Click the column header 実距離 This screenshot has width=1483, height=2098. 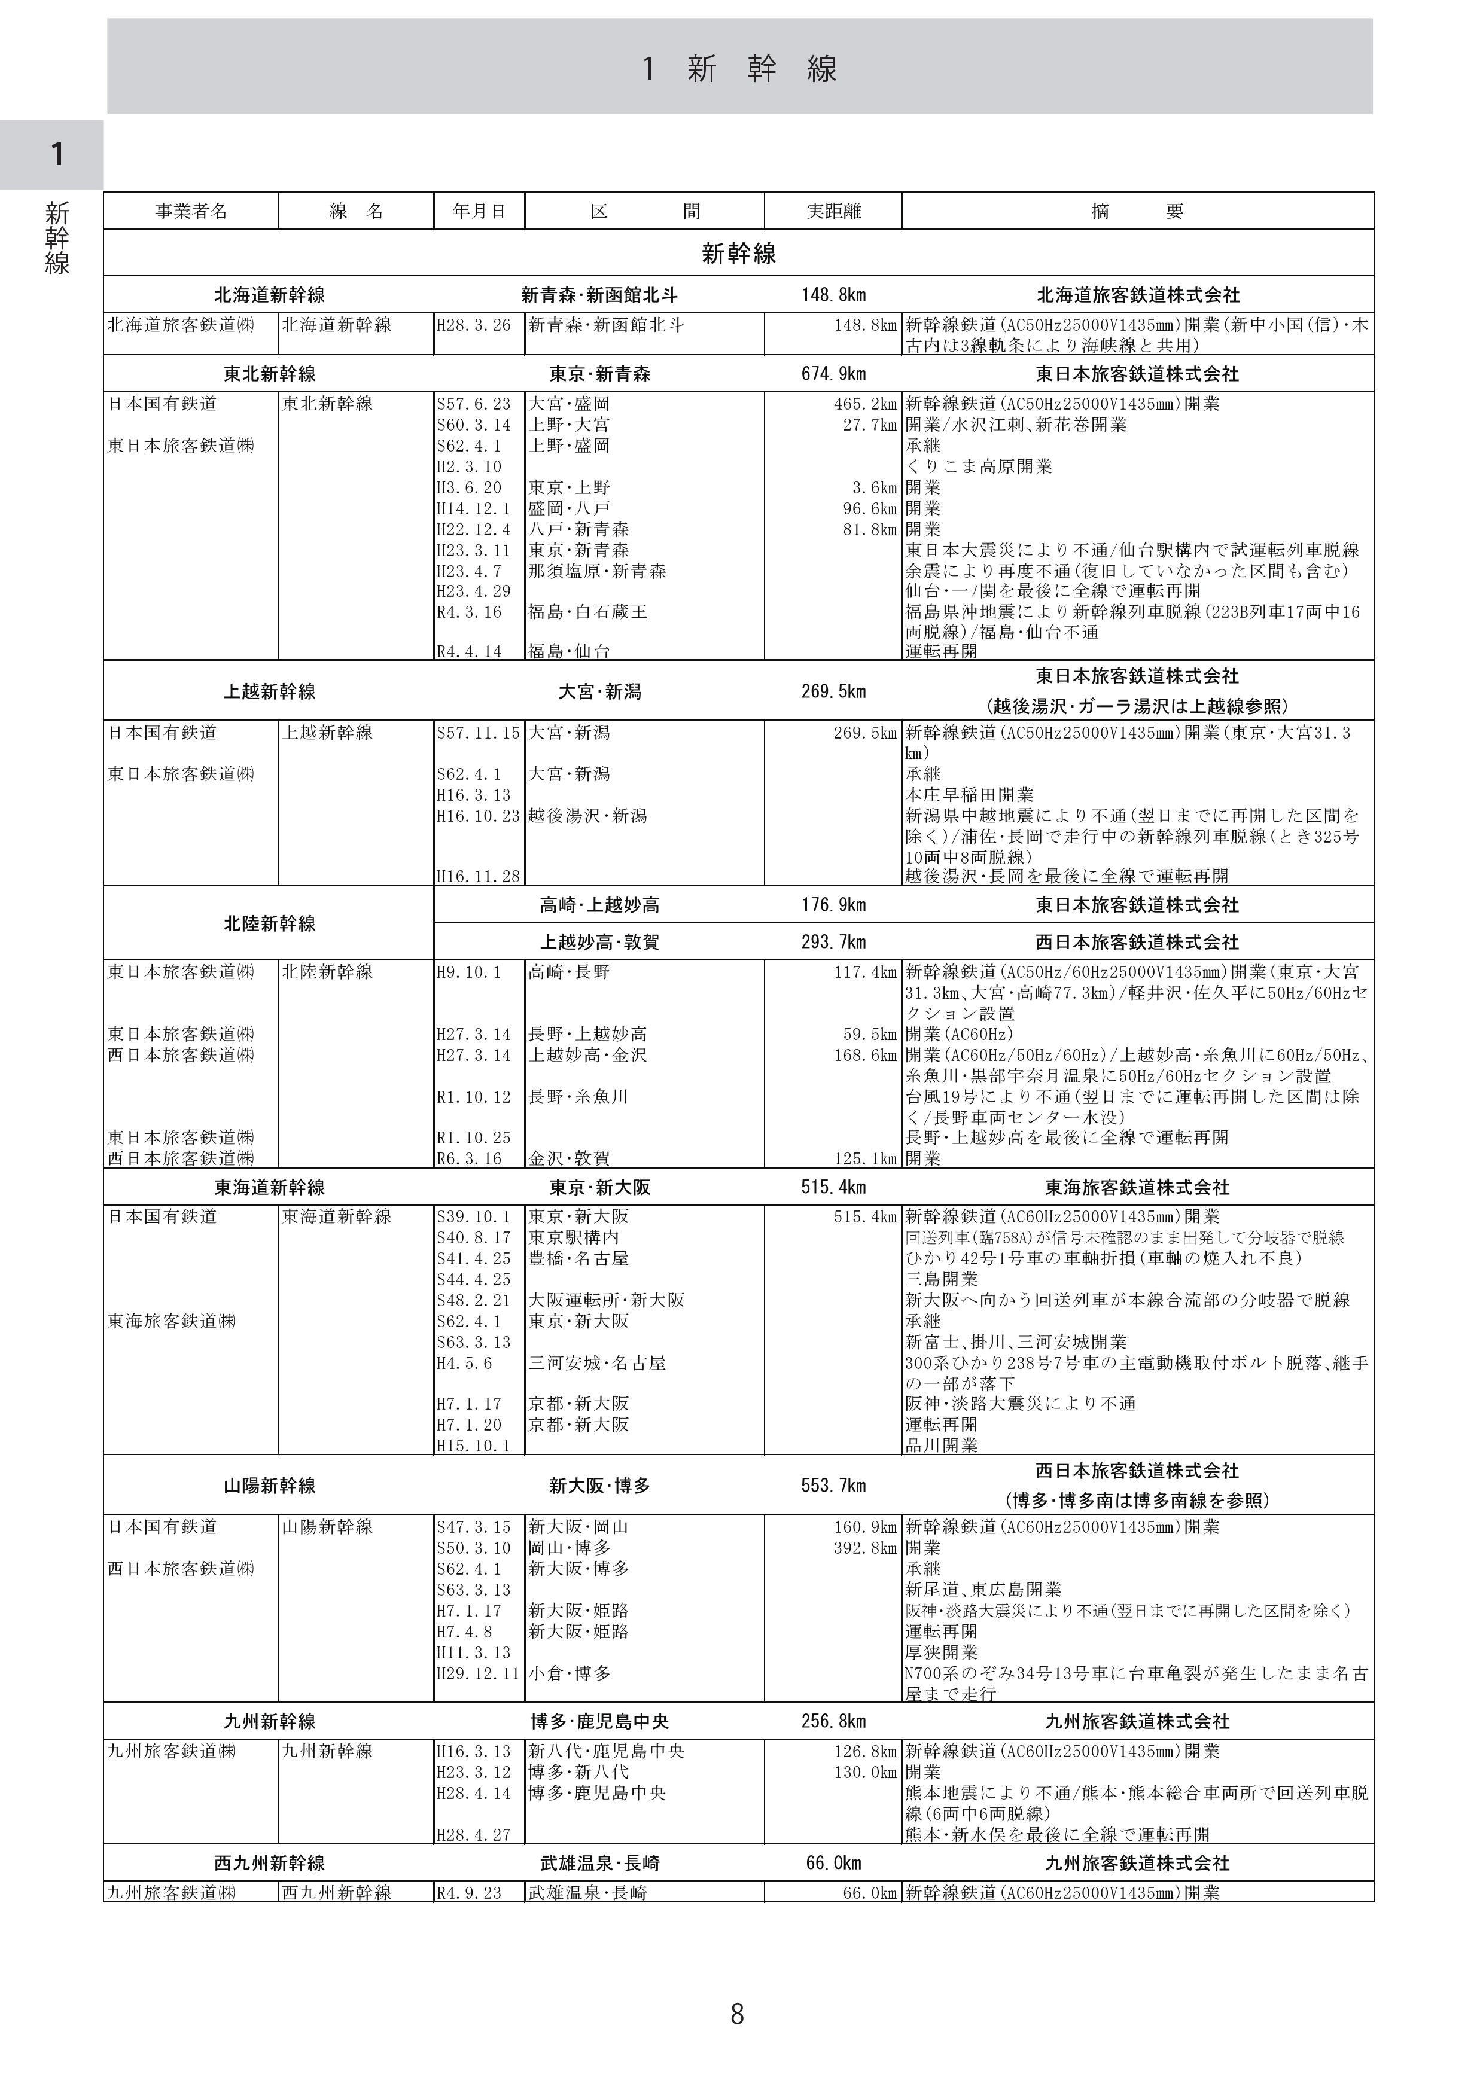[x=833, y=212]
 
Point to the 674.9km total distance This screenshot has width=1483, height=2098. [x=833, y=374]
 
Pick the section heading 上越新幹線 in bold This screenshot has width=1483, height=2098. [x=270, y=692]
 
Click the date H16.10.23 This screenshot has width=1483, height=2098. [x=478, y=816]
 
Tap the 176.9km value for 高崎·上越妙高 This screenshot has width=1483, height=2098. [x=833, y=905]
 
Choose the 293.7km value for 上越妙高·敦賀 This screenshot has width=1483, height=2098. [x=833, y=942]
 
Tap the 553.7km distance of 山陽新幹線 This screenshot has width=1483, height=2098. [x=833, y=1486]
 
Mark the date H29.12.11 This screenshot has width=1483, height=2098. [x=478, y=1674]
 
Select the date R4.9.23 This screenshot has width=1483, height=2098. [x=469, y=1893]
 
